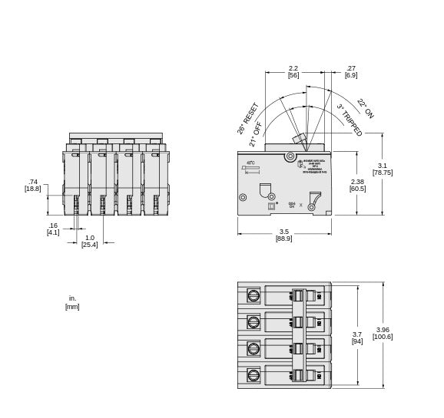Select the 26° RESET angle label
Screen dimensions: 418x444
click(248, 118)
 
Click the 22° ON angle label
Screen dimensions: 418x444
click(365, 108)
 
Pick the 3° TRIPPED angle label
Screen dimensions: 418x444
click(350, 120)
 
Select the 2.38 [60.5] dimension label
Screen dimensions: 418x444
click(357, 184)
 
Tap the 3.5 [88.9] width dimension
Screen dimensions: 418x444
click(283, 235)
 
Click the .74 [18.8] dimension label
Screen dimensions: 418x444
click(32, 185)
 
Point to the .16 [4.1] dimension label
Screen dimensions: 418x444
click(52, 229)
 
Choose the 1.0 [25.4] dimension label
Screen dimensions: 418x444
click(90, 241)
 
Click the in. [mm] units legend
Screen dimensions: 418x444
click(72, 302)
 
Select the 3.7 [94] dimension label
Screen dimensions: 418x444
click(357, 338)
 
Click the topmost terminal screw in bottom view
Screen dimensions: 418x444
click(253, 295)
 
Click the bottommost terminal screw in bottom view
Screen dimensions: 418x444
click(253, 375)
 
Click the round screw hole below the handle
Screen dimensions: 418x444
click(290, 157)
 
